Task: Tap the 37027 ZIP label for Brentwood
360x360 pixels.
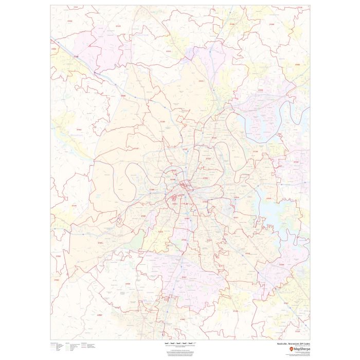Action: [184, 277]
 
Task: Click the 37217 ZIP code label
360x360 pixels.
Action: [236, 219]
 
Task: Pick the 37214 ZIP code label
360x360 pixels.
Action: [237, 197]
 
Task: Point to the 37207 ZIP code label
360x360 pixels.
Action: [185, 149]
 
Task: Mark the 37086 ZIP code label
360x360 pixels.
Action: [281, 265]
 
